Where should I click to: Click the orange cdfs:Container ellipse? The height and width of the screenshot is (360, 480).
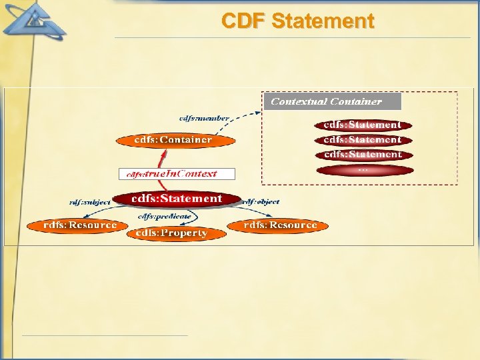(x=175, y=140)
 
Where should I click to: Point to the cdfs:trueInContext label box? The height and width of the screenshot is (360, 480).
(x=177, y=173)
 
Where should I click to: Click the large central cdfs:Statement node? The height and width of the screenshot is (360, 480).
(x=177, y=199)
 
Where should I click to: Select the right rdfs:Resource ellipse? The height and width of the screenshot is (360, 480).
(x=279, y=225)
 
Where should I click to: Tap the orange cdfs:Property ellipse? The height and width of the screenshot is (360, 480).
(x=171, y=233)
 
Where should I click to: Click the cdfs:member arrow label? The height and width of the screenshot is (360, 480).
(x=204, y=118)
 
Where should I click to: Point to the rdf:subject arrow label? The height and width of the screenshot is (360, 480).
(x=90, y=202)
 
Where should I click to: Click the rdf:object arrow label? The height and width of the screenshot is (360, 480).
(x=261, y=201)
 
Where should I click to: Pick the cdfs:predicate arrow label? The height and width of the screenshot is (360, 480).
(x=164, y=216)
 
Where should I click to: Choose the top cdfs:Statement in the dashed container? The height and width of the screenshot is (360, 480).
(x=363, y=125)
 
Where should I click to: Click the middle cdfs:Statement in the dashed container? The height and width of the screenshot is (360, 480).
(x=363, y=140)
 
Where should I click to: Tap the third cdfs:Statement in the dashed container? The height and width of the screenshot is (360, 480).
(x=363, y=155)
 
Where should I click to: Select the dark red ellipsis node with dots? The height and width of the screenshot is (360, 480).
(x=364, y=170)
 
